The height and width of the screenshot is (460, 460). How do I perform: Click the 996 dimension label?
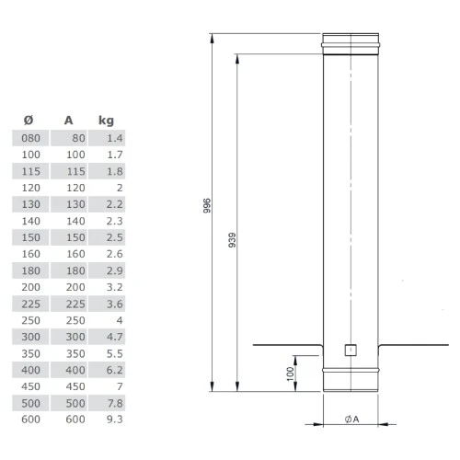point(207,205)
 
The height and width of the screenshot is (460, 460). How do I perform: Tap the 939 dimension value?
point(232,240)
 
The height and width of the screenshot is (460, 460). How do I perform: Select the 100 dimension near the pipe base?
point(290,374)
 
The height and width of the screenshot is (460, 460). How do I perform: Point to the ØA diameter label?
point(351,419)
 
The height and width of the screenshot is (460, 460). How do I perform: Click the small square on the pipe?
point(351,351)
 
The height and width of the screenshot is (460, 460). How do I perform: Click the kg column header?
point(106,121)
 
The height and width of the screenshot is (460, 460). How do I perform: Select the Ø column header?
point(29,120)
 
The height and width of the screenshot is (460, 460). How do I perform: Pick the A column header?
point(69,121)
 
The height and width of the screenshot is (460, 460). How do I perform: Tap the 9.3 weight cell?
point(115,420)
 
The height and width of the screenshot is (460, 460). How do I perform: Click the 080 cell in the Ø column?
point(30,138)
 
